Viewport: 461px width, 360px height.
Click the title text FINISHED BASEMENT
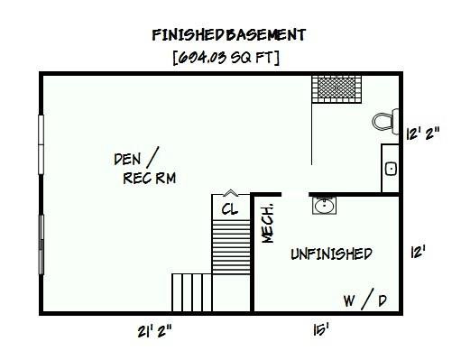tap(229, 35)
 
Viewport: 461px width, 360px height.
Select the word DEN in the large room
tap(126, 159)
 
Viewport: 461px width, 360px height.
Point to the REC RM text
tap(148, 178)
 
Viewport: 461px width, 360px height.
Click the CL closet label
tap(229, 209)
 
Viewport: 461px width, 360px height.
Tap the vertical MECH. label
tap(267, 221)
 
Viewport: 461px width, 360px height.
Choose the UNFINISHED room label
tap(331, 254)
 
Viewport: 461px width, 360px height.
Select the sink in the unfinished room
tap(325, 207)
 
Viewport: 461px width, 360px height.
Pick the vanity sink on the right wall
tap(391, 168)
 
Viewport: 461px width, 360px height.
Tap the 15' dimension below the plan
tap(321, 331)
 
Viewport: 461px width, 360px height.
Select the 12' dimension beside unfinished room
tap(417, 252)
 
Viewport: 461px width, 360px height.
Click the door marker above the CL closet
tap(229, 191)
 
